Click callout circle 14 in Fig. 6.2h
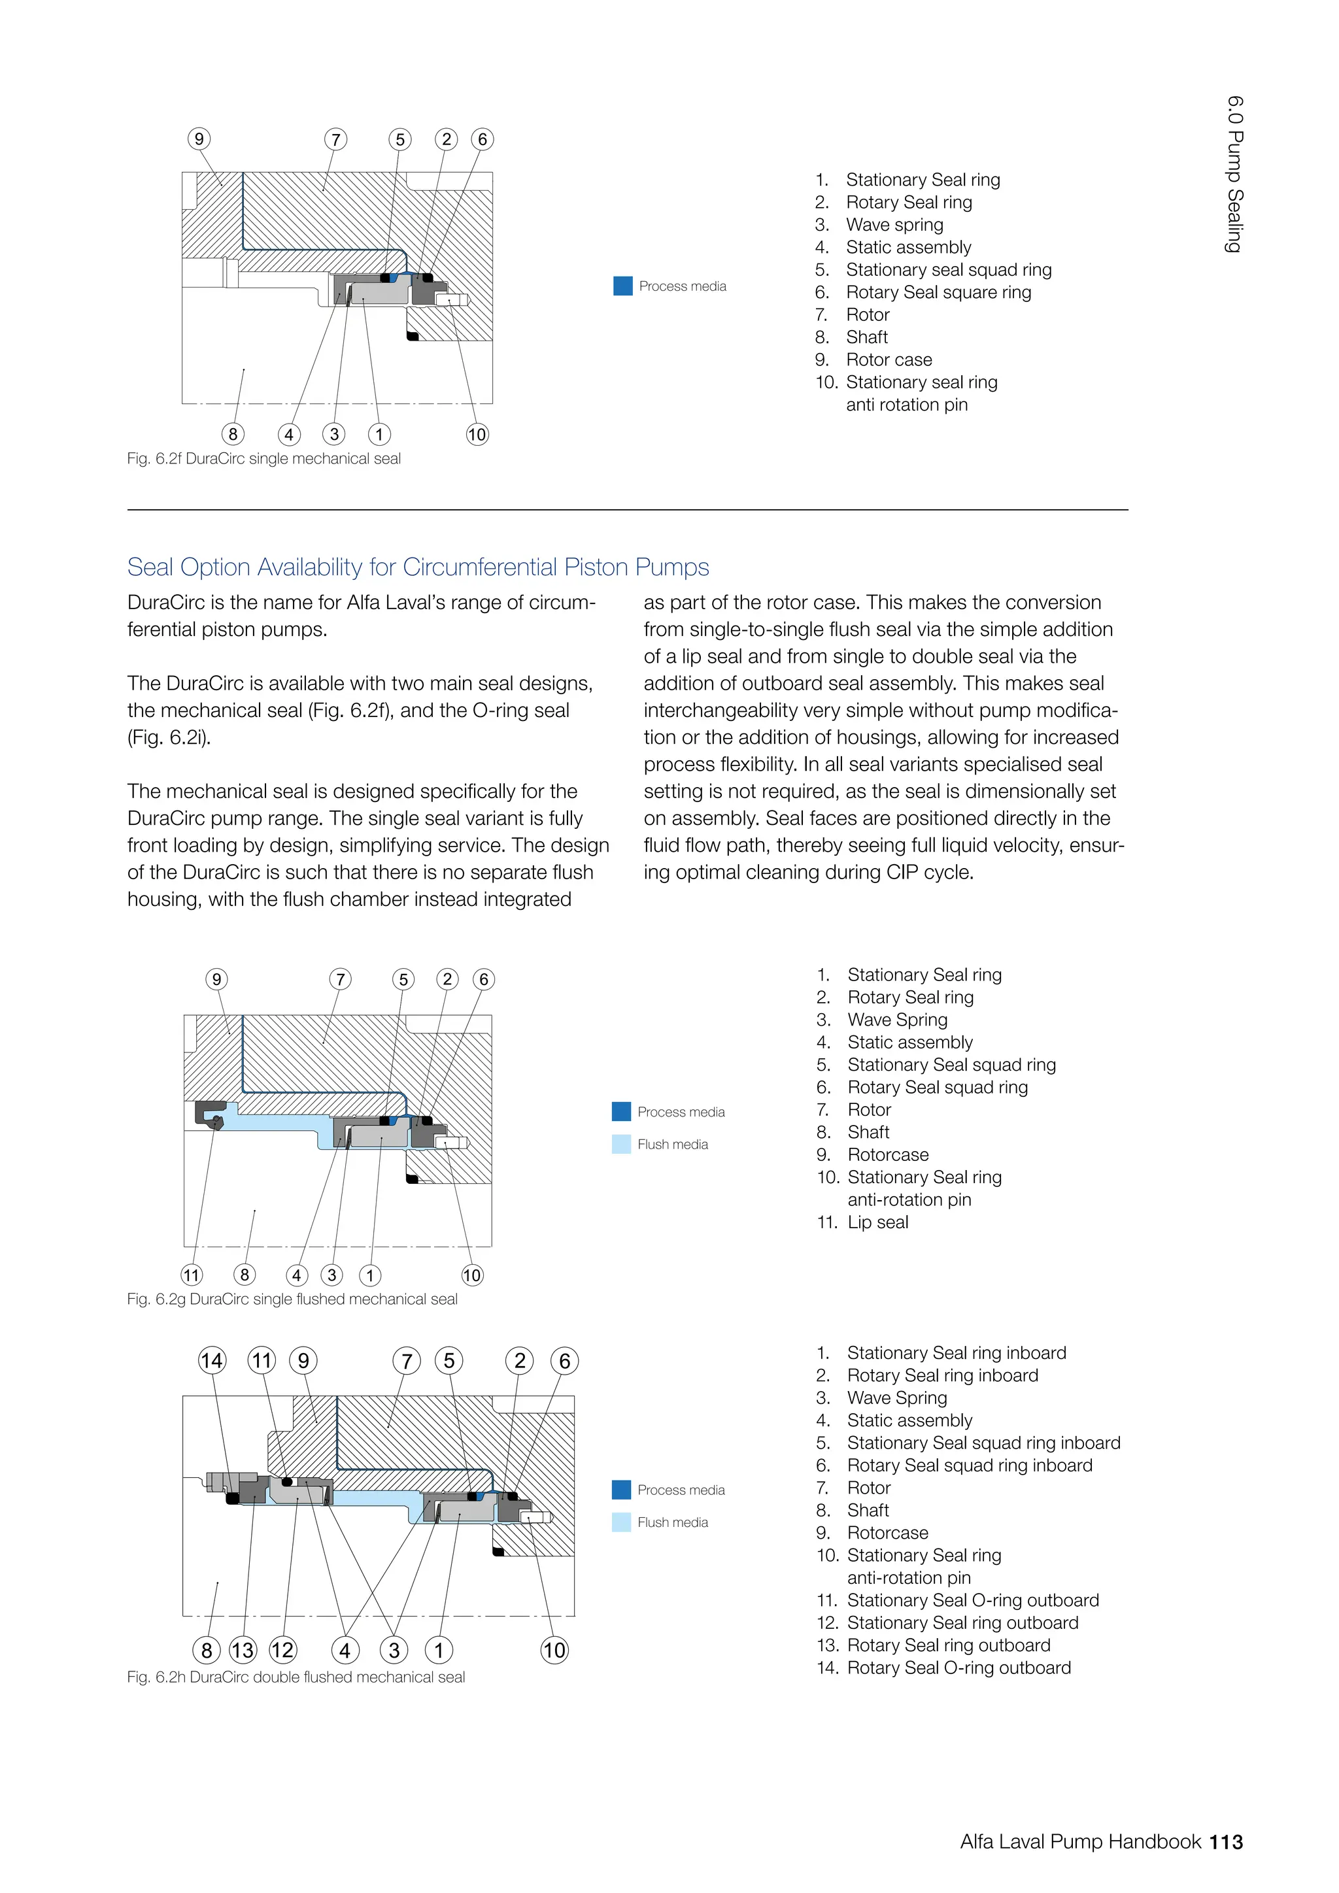pyautogui.click(x=212, y=1360)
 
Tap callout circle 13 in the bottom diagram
pyautogui.click(x=243, y=1650)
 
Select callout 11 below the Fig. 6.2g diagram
pyautogui.click(x=192, y=1275)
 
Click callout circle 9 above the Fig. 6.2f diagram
pyautogui.click(x=199, y=139)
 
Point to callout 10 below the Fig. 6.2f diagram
pyautogui.click(x=477, y=435)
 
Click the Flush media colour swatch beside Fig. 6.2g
pyautogui.click(x=621, y=1145)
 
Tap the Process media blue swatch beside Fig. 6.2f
pyautogui.click(x=623, y=286)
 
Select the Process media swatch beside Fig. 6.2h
pyautogui.click(x=621, y=1490)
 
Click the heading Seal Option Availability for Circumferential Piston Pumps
pyautogui.click(x=417, y=567)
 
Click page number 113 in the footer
pyautogui.click(x=1226, y=1842)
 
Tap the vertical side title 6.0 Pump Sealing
pyautogui.click(x=1234, y=174)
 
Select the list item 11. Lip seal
pyautogui.click(x=863, y=1223)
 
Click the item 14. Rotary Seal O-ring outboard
pyautogui.click(x=944, y=1668)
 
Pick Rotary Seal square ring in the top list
pyautogui.click(x=938, y=293)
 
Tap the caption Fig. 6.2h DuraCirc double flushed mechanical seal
pyautogui.click(x=296, y=1677)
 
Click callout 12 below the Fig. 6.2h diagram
pyautogui.click(x=283, y=1650)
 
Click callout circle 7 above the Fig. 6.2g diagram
pyautogui.click(x=340, y=979)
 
